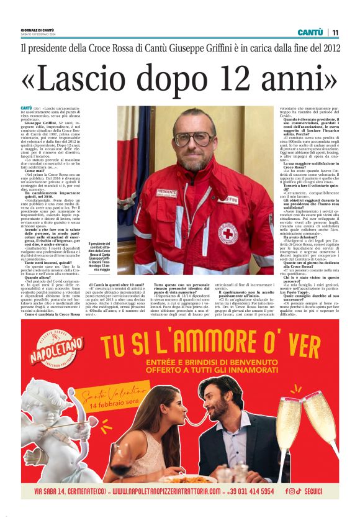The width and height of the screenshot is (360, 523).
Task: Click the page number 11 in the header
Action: [x=335, y=32]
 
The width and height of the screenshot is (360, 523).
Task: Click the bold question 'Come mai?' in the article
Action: [x=34, y=169]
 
